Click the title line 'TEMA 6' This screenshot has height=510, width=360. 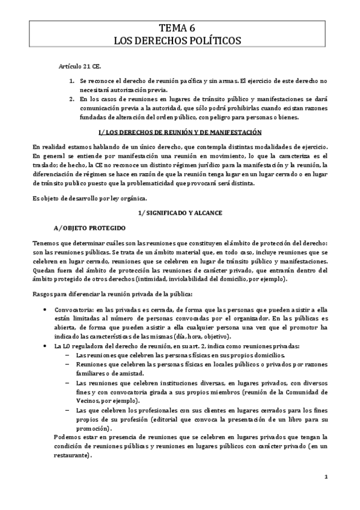coord(180,28)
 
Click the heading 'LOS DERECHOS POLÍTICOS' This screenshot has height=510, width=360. coord(180,40)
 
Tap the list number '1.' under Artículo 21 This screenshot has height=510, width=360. coord(72,80)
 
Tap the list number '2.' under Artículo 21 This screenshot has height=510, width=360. coord(72,99)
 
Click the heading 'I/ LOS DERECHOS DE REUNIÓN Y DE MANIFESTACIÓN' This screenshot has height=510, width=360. coord(180,132)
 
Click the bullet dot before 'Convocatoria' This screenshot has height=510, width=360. coord(47,309)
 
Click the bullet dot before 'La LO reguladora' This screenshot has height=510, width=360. coord(47,347)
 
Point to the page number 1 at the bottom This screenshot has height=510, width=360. coord(325,477)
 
